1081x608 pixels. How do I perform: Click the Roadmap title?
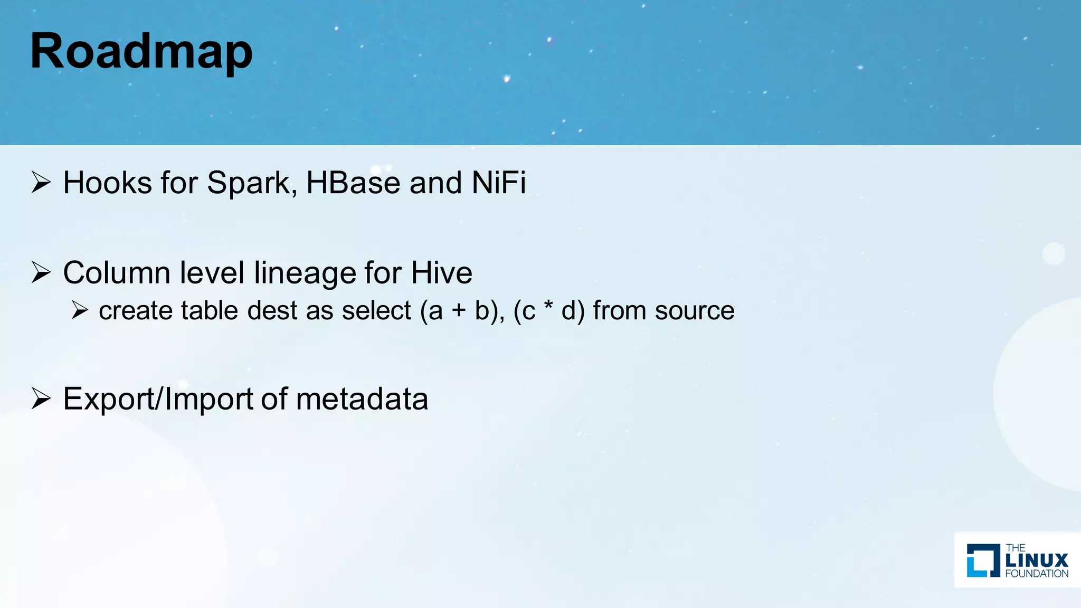click(141, 52)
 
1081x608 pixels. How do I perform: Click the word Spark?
click(248, 183)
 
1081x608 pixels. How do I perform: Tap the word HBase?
click(353, 183)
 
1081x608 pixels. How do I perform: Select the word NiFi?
click(498, 183)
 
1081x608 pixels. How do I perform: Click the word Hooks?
click(108, 183)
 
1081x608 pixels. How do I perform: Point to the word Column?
click(117, 273)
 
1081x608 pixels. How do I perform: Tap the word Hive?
click(441, 273)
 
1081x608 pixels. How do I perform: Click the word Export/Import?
click(158, 400)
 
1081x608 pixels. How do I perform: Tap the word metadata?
click(362, 400)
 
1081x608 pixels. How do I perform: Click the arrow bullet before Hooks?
click(41, 183)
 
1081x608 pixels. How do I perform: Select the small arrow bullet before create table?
click(80, 310)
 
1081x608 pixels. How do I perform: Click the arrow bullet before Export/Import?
click(41, 398)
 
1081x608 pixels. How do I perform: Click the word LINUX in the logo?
click(1037, 560)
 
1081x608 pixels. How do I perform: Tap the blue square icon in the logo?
click(983, 560)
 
